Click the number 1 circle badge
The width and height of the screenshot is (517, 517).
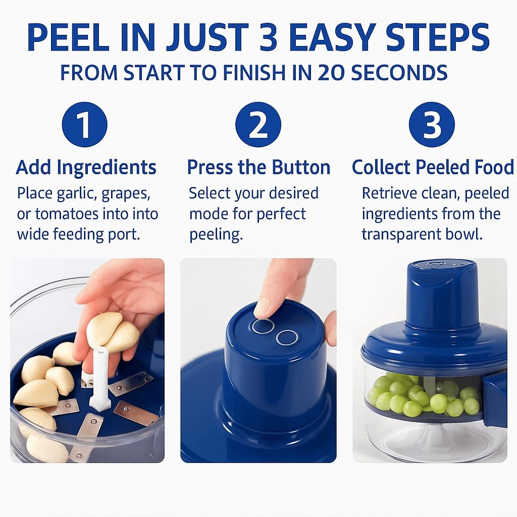coord(85,125)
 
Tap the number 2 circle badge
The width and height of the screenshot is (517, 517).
coord(258,125)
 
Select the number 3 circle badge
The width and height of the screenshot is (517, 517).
coord(432,125)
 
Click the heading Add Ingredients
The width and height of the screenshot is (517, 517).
coord(86,167)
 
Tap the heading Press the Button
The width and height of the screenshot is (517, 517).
coord(258,167)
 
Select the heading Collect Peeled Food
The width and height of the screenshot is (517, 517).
coord(433,167)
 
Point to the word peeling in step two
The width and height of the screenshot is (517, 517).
coord(216,235)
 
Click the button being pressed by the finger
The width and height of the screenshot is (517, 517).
coord(263,326)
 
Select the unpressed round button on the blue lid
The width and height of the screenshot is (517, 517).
coord(287,337)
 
